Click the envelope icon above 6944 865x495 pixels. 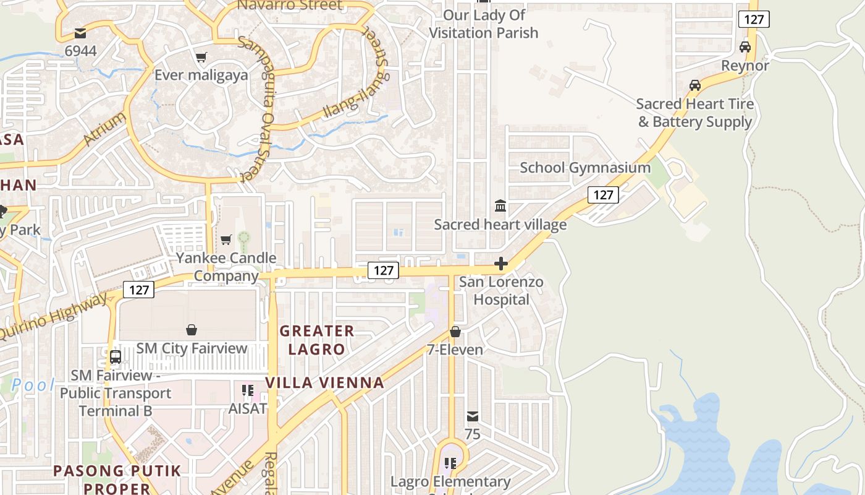[x=80, y=33]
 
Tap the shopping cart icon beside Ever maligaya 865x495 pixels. [x=201, y=58]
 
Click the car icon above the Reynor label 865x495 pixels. [x=745, y=47]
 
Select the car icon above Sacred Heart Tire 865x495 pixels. [x=695, y=85]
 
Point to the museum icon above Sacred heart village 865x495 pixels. [x=500, y=205]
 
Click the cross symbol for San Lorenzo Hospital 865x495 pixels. [x=500, y=264]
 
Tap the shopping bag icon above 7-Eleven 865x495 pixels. [x=455, y=332]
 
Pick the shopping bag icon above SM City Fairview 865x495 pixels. [x=192, y=330]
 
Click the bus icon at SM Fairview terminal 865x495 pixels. [x=116, y=357]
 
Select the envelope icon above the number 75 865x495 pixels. [x=473, y=416]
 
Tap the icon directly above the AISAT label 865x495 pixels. [x=248, y=390]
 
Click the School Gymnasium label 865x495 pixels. [x=585, y=168]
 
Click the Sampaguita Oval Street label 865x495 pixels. [x=255, y=109]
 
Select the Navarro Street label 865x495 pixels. [x=290, y=6]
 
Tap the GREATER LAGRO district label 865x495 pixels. [x=317, y=340]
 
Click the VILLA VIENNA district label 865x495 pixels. [x=325, y=383]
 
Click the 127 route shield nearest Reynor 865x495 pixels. [x=754, y=19]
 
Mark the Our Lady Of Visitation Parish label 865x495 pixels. [x=484, y=24]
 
